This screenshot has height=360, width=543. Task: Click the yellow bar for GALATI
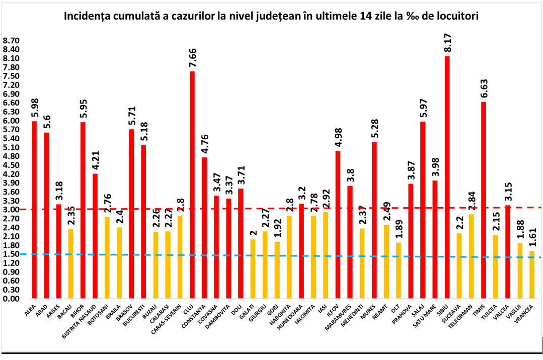click(x=252, y=268)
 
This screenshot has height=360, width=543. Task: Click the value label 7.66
click(x=192, y=59)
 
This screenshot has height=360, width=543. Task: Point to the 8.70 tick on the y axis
click(x=11, y=41)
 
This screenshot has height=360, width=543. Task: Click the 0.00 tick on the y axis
click(x=11, y=299)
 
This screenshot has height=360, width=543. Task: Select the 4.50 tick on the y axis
click(x=11, y=165)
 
